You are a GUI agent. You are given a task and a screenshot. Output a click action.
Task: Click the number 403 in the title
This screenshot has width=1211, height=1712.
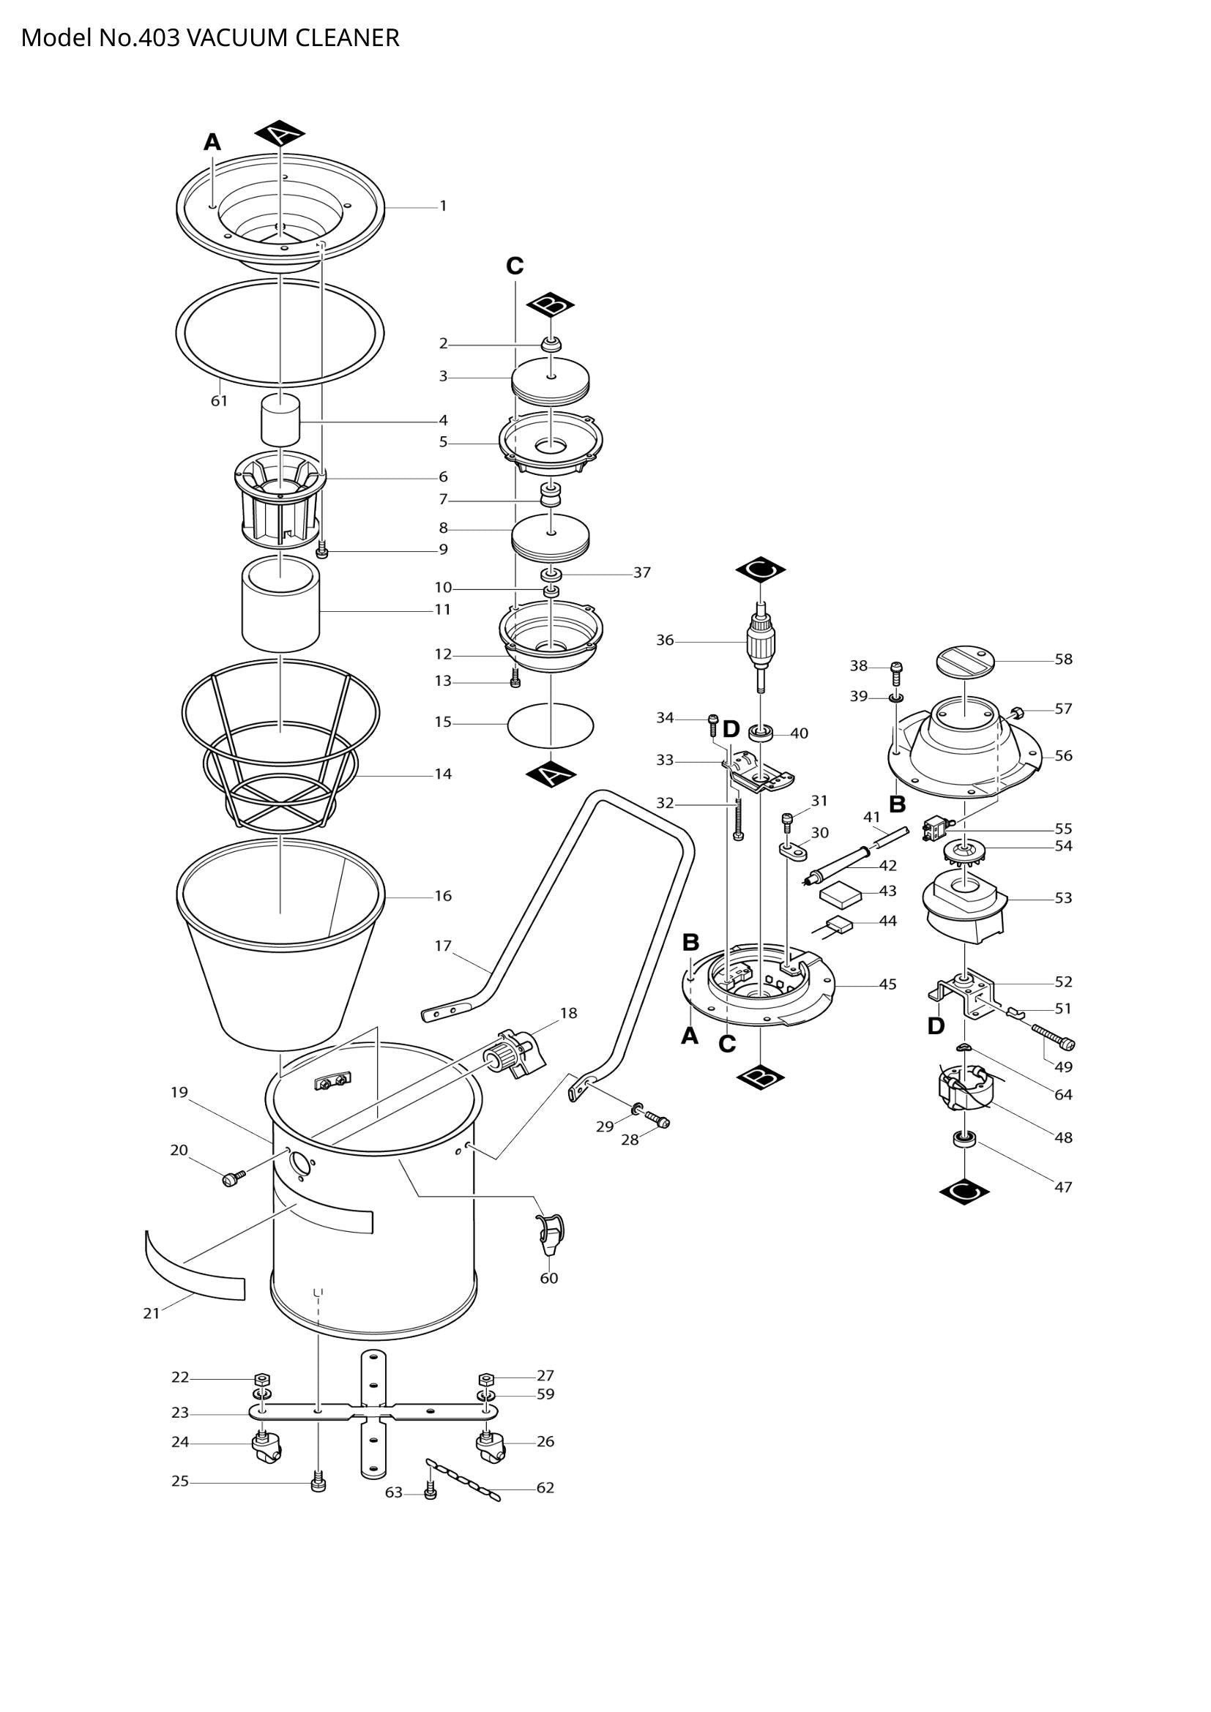pyautogui.click(x=159, y=37)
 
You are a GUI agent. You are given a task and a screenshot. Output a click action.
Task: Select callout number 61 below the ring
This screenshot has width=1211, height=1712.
pyautogui.click(x=218, y=400)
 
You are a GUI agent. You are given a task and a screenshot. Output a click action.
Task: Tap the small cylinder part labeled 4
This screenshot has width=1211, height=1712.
pyautogui.click(x=280, y=421)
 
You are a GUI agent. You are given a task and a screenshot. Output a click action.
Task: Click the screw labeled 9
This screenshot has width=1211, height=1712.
pyautogui.click(x=322, y=552)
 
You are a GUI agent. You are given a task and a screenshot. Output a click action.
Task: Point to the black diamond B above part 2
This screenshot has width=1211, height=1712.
pyautogui.click(x=551, y=305)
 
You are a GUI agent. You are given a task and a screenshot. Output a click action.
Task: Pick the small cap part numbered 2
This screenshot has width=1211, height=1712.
pyautogui.click(x=551, y=345)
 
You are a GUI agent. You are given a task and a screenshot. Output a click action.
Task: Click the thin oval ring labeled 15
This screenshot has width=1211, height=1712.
pyautogui.click(x=551, y=723)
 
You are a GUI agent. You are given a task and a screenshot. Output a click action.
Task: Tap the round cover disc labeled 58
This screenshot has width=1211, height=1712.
pyautogui.click(x=966, y=661)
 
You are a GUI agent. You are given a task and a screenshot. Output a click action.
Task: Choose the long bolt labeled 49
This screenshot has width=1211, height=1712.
pyautogui.click(x=1054, y=1037)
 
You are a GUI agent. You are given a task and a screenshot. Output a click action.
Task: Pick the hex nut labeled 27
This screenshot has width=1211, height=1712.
pyautogui.click(x=485, y=1378)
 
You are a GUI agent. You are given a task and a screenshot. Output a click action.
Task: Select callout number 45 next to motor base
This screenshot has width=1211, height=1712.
pyautogui.click(x=887, y=984)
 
